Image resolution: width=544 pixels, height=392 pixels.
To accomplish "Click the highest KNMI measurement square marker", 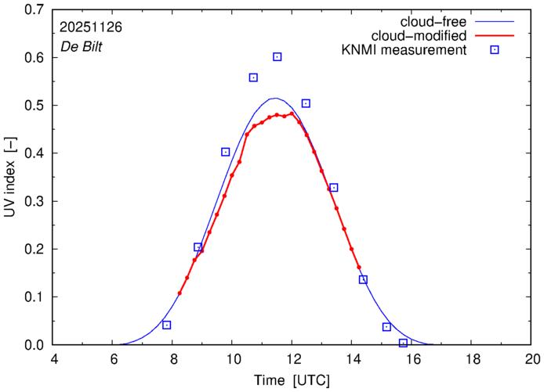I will (x=277, y=56).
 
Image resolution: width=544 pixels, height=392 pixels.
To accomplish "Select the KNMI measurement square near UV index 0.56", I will (x=253, y=77).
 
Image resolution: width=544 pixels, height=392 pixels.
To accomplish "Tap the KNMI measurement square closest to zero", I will (x=403, y=343).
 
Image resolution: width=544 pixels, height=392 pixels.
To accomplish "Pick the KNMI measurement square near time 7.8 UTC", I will (x=166, y=325).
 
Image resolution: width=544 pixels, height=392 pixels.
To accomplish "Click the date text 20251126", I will (x=90, y=27).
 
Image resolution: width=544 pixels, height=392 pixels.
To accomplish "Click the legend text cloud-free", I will (x=440, y=21).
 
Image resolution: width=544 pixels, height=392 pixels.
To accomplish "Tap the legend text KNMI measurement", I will (x=410, y=50).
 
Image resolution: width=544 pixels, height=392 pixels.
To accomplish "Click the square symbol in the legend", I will (x=495, y=50).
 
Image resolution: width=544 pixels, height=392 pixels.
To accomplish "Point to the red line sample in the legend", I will (x=495, y=35).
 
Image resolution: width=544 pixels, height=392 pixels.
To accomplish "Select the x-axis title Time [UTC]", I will (x=292, y=380).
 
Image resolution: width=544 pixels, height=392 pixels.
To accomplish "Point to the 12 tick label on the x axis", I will (x=292, y=360).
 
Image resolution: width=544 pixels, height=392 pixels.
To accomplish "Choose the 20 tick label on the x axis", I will (x=532, y=360).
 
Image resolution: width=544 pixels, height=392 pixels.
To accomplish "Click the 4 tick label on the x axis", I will (x=53, y=360).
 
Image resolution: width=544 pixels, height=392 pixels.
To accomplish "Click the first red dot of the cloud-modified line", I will (x=180, y=293).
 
